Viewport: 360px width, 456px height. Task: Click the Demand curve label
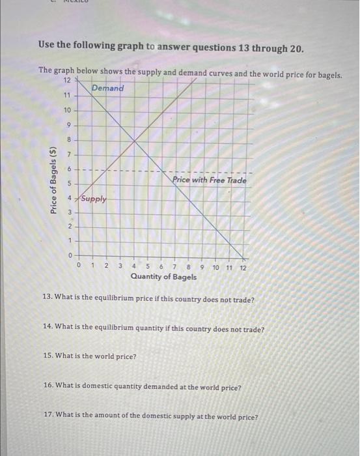tap(107, 88)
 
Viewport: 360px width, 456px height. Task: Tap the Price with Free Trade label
tap(210, 180)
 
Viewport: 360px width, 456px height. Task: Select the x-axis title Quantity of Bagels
tap(163, 277)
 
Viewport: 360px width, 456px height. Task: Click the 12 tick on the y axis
tap(68, 81)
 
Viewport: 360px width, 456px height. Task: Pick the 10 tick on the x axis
tap(215, 266)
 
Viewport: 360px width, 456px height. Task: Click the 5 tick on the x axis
tap(148, 266)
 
